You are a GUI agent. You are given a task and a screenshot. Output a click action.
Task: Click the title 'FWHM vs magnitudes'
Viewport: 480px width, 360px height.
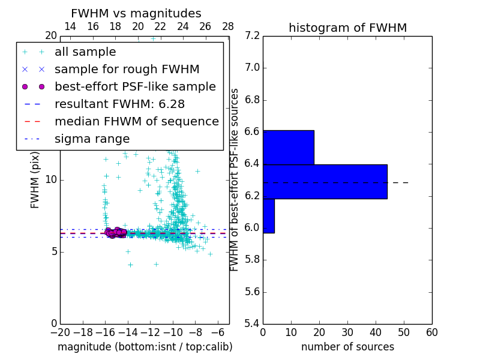136,13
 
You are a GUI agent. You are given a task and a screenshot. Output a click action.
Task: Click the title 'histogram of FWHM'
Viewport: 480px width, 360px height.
347,28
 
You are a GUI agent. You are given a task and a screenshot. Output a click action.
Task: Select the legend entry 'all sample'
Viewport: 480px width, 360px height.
85,52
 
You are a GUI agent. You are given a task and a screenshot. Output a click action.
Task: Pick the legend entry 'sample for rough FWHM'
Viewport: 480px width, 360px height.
127,70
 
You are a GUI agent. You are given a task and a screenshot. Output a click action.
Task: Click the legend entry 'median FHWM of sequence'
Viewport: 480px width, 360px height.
136,122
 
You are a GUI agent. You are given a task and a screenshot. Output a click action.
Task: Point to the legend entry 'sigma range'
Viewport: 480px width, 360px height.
92,139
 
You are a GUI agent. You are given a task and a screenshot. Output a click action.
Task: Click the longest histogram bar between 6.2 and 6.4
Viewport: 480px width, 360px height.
325,182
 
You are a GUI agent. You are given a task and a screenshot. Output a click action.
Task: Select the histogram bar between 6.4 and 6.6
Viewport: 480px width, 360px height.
288,147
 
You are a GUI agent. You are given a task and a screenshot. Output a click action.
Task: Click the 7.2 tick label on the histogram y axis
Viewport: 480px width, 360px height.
252,36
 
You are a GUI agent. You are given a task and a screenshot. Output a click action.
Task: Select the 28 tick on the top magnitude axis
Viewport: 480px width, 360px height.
228,26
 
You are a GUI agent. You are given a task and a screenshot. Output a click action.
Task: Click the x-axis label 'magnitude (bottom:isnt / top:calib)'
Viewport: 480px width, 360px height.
145,347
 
